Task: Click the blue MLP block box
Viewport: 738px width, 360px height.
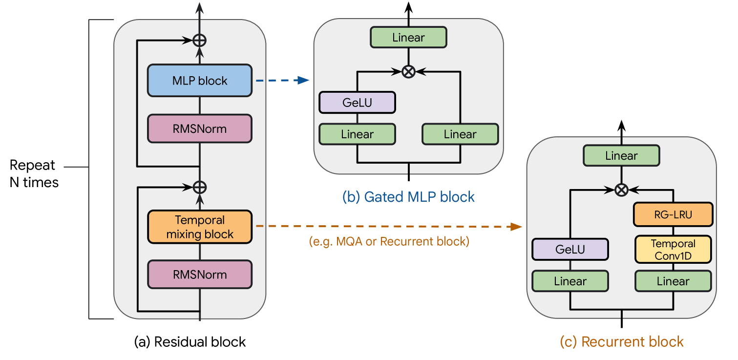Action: pyautogui.click(x=199, y=81)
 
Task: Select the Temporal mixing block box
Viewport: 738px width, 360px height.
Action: pyautogui.click(x=199, y=227)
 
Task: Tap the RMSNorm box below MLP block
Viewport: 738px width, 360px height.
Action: pyautogui.click(x=199, y=129)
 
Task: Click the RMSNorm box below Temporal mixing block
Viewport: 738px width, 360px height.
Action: pyautogui.click(x=199, y=274)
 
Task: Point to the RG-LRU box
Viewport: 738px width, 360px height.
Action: pyautogui.click(x=673, y=214)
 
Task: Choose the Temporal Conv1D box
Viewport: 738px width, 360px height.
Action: pyautogui.click(x=673, y=250)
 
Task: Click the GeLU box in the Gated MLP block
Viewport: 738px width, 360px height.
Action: pyautogui.click(x=357, y=103)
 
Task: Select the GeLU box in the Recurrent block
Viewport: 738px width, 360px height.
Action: pyautogui.click(x=569, y=250)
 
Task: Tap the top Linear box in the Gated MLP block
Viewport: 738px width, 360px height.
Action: pyautogui.click(x=408, y=38)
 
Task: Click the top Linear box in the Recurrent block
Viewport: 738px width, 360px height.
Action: pyautogui.click(x=621, y=156)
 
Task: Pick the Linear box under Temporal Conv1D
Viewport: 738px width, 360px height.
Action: pyautogui.click(x=673, y=281)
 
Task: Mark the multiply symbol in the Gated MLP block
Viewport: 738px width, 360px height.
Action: pyautogui.click(x=408, y=72)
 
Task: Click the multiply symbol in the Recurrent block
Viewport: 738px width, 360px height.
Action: pyautogui.click(x=621, y=190)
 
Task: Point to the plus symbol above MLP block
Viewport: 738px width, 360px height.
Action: pyautogui.click(x=199, y=40)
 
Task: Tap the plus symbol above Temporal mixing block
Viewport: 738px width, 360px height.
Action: pyautogui.click(x=199, y=186)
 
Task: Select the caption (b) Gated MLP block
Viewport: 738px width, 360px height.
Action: pyautogui.click(x=408, y=197)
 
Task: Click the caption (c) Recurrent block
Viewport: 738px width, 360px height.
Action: pyautogui.click(x=621, y=341)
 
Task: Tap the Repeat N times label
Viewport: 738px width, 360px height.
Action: pyautogui.click(x=33, y=173)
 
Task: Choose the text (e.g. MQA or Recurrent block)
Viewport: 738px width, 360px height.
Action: pyautogui.click(x=389, y=241)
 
